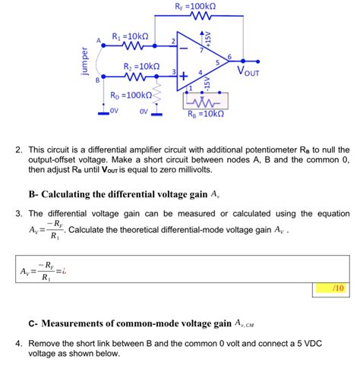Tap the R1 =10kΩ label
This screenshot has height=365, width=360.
[x=130, y=35]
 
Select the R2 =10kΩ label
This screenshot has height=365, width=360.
[x=141, y=67]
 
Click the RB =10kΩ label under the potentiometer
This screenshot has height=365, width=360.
[x=206, y=115]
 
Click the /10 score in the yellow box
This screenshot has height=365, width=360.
[x=338, y=288]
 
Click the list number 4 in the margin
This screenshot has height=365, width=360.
[x=17, y=343]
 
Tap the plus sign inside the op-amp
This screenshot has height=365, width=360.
[x=185, y=74]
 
